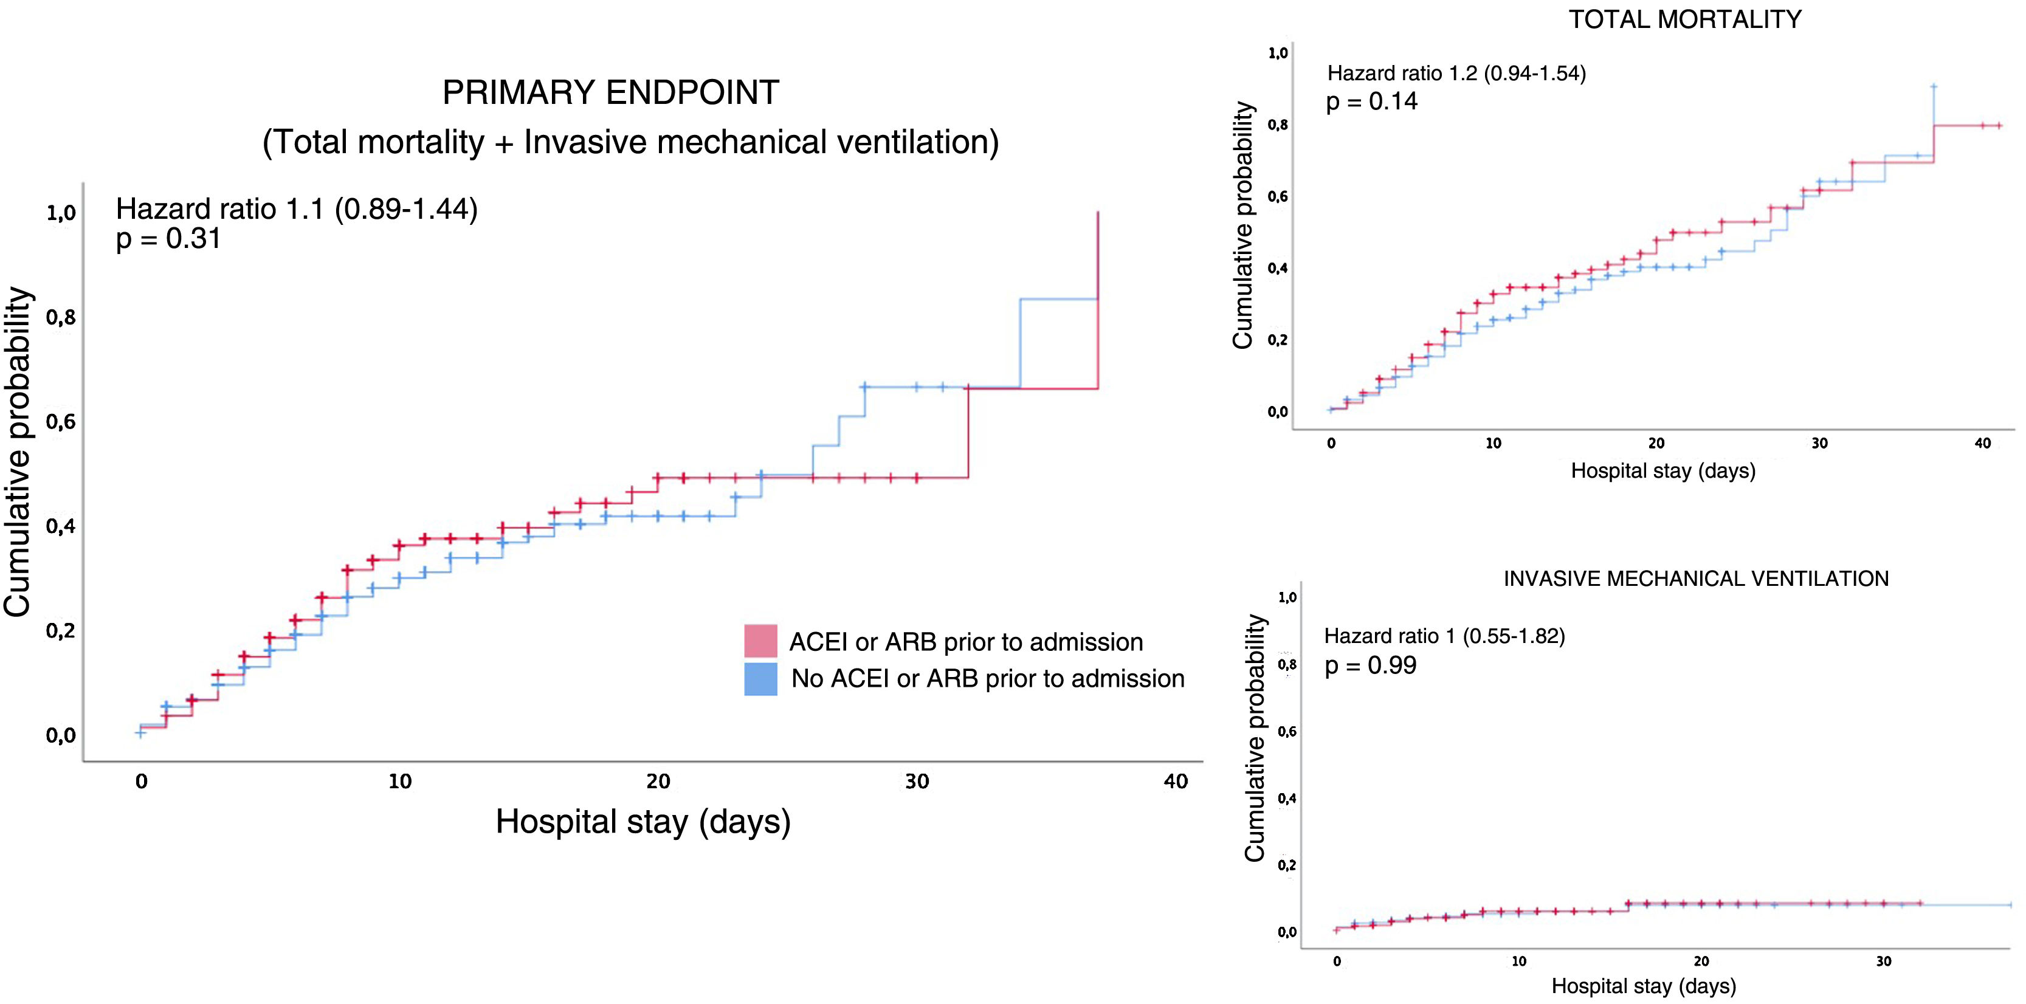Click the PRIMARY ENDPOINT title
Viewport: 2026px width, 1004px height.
click(x=610, y=93)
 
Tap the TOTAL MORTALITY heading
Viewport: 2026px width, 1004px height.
click(x=1684, y=19)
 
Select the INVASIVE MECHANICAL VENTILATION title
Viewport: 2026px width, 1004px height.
click(x=1696, y=579)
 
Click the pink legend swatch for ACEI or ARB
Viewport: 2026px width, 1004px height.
click(x=760, y=641)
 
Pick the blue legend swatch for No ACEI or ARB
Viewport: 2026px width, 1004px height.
click(x=760, y=678)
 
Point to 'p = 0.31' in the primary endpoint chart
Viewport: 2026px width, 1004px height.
click(x=168, y=238)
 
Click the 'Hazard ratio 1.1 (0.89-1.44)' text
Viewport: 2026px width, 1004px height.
click(x=297, y=208)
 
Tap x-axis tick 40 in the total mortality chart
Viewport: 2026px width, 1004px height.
click(x=1983, y=444)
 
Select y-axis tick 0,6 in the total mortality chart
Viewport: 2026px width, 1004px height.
click(x=1277, y=196)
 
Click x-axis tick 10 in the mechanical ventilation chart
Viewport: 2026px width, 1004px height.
click(x=1518, y=961)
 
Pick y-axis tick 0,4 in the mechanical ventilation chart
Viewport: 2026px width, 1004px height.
click(x=1287, y=799)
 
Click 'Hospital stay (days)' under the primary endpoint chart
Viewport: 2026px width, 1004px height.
click(x=643, y=822)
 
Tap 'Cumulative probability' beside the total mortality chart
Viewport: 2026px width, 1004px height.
click(x=1242, y=225)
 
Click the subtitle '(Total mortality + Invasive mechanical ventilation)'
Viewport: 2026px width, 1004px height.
click(x=630, y=142)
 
